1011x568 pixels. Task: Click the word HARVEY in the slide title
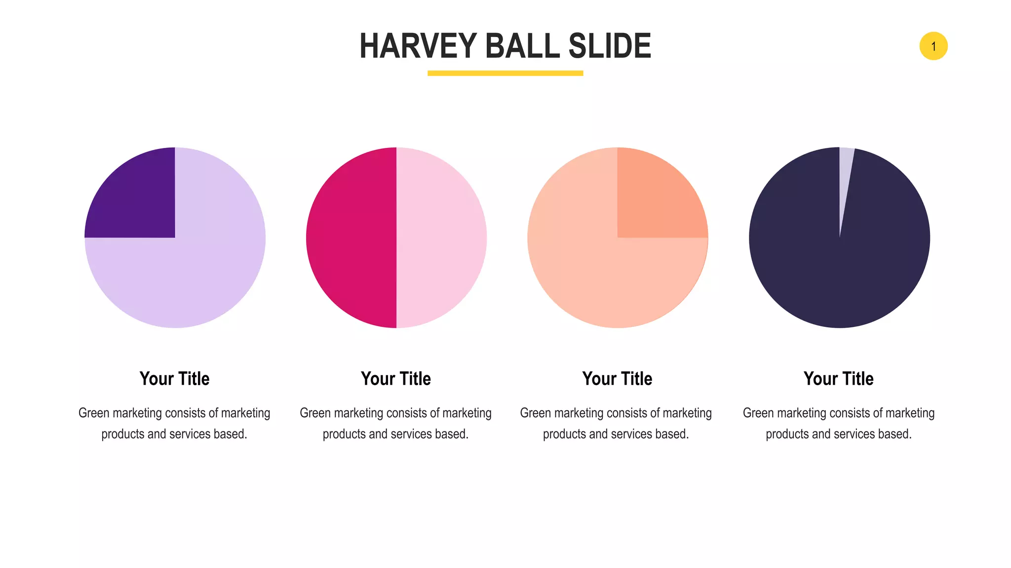pos(418,46)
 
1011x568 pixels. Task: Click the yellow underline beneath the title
pos(505,73)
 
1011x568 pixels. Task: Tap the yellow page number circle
pos(933,46)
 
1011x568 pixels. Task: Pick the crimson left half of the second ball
pos(350,238)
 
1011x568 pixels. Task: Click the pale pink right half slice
pos(442,238)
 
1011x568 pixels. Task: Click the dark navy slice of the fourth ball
pos(839,276)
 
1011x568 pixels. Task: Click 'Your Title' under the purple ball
pos(175,379)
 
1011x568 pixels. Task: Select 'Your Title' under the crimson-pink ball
pos(396,379)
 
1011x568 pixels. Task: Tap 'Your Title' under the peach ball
pos(617,379)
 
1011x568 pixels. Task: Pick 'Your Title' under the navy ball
pos(838,379)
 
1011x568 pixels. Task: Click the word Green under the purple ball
pos(94,413)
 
